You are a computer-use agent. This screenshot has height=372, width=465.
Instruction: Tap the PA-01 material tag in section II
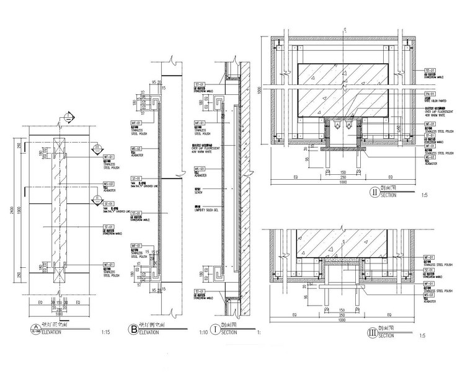428,95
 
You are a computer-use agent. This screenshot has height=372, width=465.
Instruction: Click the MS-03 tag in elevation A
107,184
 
